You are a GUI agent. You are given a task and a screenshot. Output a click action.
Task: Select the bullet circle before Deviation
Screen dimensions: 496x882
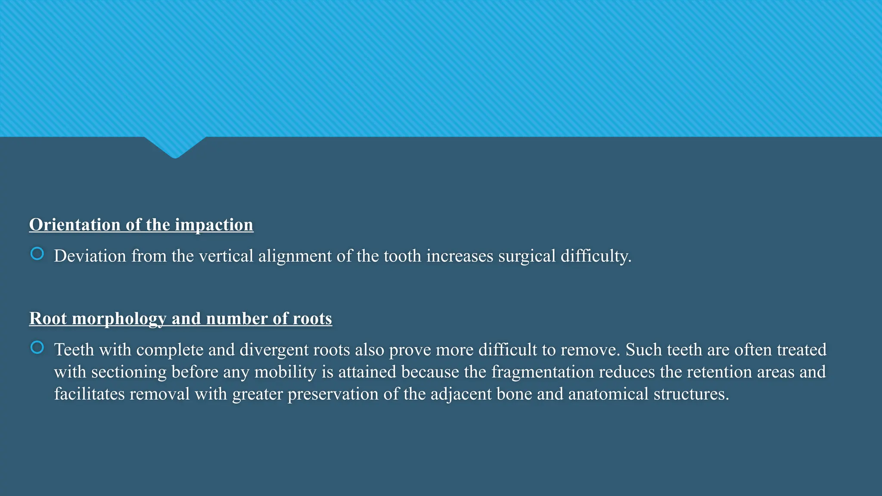(37, 254)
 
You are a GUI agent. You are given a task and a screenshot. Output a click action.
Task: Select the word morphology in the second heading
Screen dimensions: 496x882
(119, 319)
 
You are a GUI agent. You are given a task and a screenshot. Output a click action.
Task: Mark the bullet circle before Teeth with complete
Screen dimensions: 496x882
(37, 347)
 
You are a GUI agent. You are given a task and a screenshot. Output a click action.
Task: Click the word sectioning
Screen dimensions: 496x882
(129, 372)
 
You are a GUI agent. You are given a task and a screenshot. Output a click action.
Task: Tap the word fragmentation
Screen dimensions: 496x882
(542, 372)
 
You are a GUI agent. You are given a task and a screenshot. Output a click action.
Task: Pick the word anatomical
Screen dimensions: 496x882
(608, 394)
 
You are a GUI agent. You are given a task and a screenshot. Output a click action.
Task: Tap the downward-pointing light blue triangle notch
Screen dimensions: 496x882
(175, 146)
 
